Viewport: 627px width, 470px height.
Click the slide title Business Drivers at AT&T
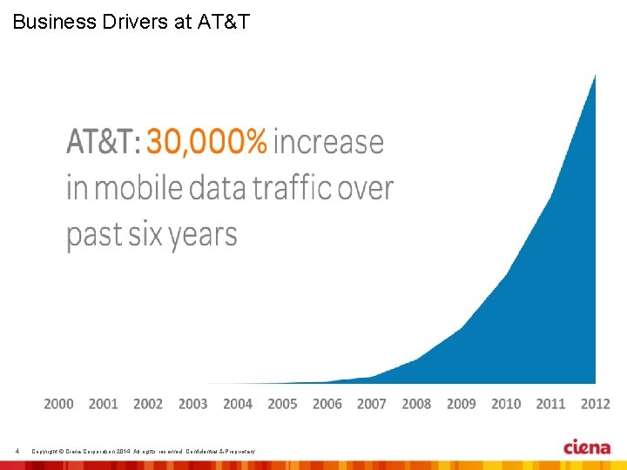pyautogui.click(x=131, y=22)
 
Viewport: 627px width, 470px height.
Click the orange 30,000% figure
pyautogui.click(x=206, y=141)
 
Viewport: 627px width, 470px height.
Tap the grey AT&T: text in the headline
pyautogui.click(x=103, y=141)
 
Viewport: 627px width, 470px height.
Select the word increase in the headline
pyautogui.click(x=328, y=141)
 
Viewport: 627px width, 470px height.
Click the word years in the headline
pyautogui.click(x=203, y=236)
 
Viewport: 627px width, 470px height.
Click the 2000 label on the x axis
pyautogui.click(x=59, y=404)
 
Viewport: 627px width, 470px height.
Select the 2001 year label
pyautogui.click(x=104, y=404)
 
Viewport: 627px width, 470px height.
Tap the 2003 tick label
pyautogui.click(x=193, y=404)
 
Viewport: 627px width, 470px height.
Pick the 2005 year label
pyautogui.click(x=282, y=404)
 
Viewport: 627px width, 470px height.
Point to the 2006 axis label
pyautogui.click(x=327, y=404)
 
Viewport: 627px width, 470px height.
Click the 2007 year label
pyautogui.click(x=372, y=404)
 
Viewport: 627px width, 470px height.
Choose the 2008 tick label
pyautogui.click(x=416, y=404)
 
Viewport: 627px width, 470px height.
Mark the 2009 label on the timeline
pyautogui.click(x=462, y=404)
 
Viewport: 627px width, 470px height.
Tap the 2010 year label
pyautogui.click(x=506, y=404)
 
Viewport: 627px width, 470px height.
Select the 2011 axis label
pyautogui.click(x=550, y=404)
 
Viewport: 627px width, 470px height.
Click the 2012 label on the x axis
pyautogui.click(x=596, y=404)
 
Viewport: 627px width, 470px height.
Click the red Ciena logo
pyautogui.click(x=587, y=447)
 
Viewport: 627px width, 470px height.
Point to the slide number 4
pyautogui.click(x=17, y=450)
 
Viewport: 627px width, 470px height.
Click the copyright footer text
pyautogui.click(x=143, y=450)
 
